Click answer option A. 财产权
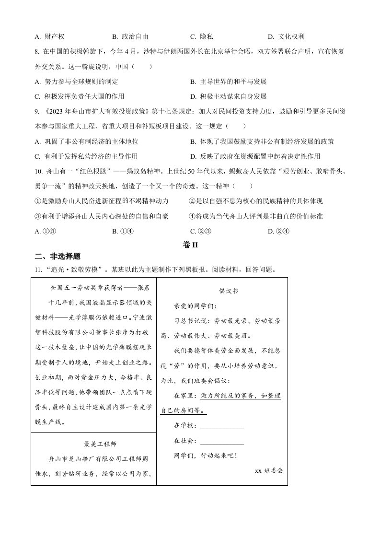click(x=50, y=36)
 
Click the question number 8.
click(x=37, y=51)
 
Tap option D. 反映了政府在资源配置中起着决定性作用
click(x=255, y=156)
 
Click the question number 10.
click(x=38, y=171)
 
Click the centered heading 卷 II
click(x=190, y=245)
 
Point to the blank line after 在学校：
click(x=222, y=425)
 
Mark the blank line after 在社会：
click(x=222, y=441)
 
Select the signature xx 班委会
click(x=269, y=470)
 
